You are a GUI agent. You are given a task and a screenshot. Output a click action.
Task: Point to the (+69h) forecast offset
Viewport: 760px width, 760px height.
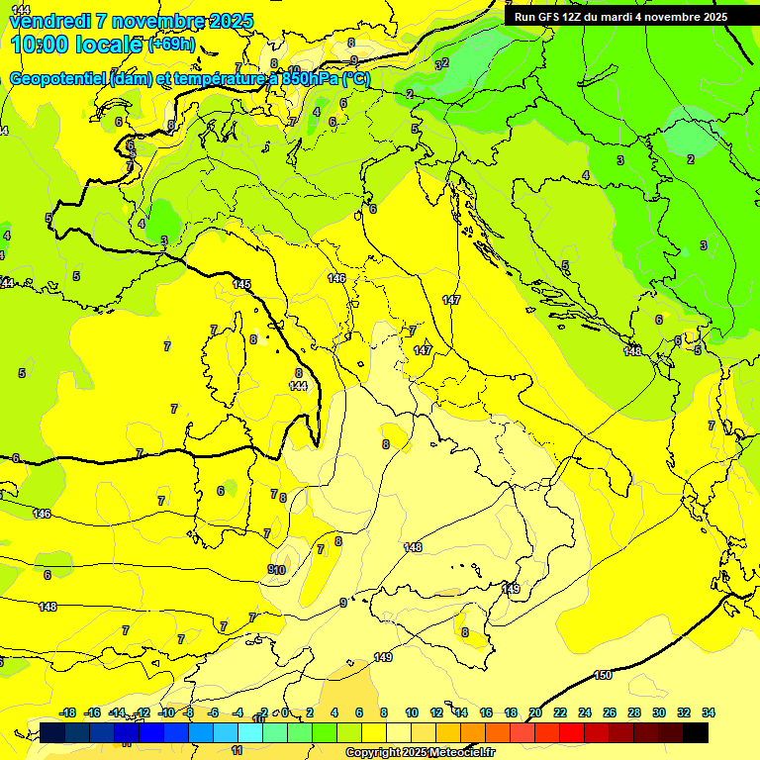click(x=171, y=45)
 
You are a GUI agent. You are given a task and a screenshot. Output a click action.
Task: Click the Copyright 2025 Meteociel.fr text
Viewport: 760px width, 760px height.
click(x=420, y=752)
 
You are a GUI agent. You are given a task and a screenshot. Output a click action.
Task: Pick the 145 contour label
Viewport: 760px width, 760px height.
click(x=241, y=284)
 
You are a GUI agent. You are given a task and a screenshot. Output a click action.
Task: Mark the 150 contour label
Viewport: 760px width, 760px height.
click(x=603, y=675)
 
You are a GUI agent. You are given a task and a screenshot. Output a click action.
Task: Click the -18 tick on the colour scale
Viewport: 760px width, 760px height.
click(x=67, y=712)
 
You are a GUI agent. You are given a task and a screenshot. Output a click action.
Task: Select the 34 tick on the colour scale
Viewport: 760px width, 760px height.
click(x=709, y=712)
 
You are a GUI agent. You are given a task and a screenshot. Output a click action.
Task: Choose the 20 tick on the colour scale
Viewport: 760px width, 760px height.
click(x=535, y=712)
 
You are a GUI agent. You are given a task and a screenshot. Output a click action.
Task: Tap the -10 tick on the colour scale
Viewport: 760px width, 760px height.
click(x=165, y=712)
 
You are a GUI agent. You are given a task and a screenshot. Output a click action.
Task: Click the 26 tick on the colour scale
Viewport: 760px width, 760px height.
click(x=610, y=712)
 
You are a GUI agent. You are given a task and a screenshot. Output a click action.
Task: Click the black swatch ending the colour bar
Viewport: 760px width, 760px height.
click(x=696, y=732)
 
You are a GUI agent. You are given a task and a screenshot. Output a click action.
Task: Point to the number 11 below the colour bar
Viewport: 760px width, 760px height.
click(x=237, y=750)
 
